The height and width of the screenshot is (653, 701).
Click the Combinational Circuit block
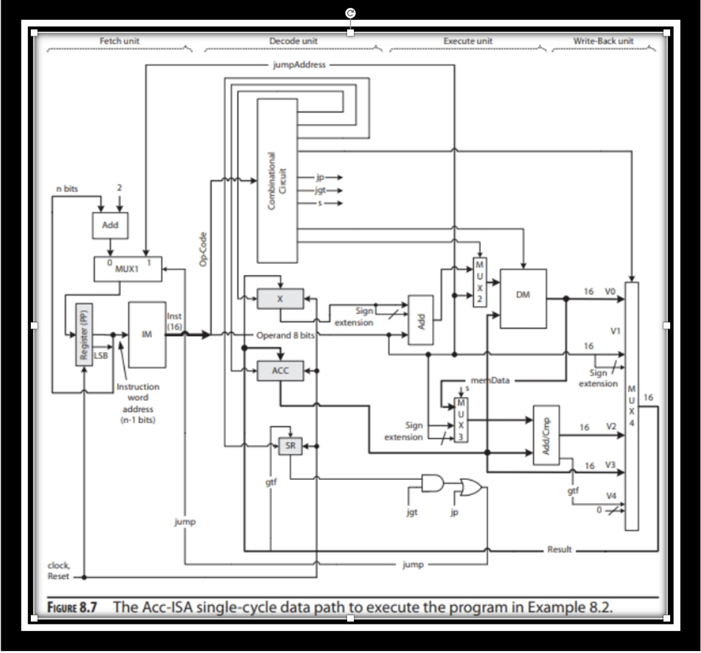click(278, 181)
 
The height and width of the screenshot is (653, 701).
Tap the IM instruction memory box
click(147, 333)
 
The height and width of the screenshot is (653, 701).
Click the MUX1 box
click(127, 269)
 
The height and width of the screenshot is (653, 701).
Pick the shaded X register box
click(279, 298)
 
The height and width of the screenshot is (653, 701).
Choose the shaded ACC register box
click(279, 370)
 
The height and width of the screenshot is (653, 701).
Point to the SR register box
click(289, 446)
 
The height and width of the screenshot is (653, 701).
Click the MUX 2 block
click(480, 283)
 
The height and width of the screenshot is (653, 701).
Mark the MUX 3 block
click(460, 418)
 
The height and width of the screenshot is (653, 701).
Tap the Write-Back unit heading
click(602, 41)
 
